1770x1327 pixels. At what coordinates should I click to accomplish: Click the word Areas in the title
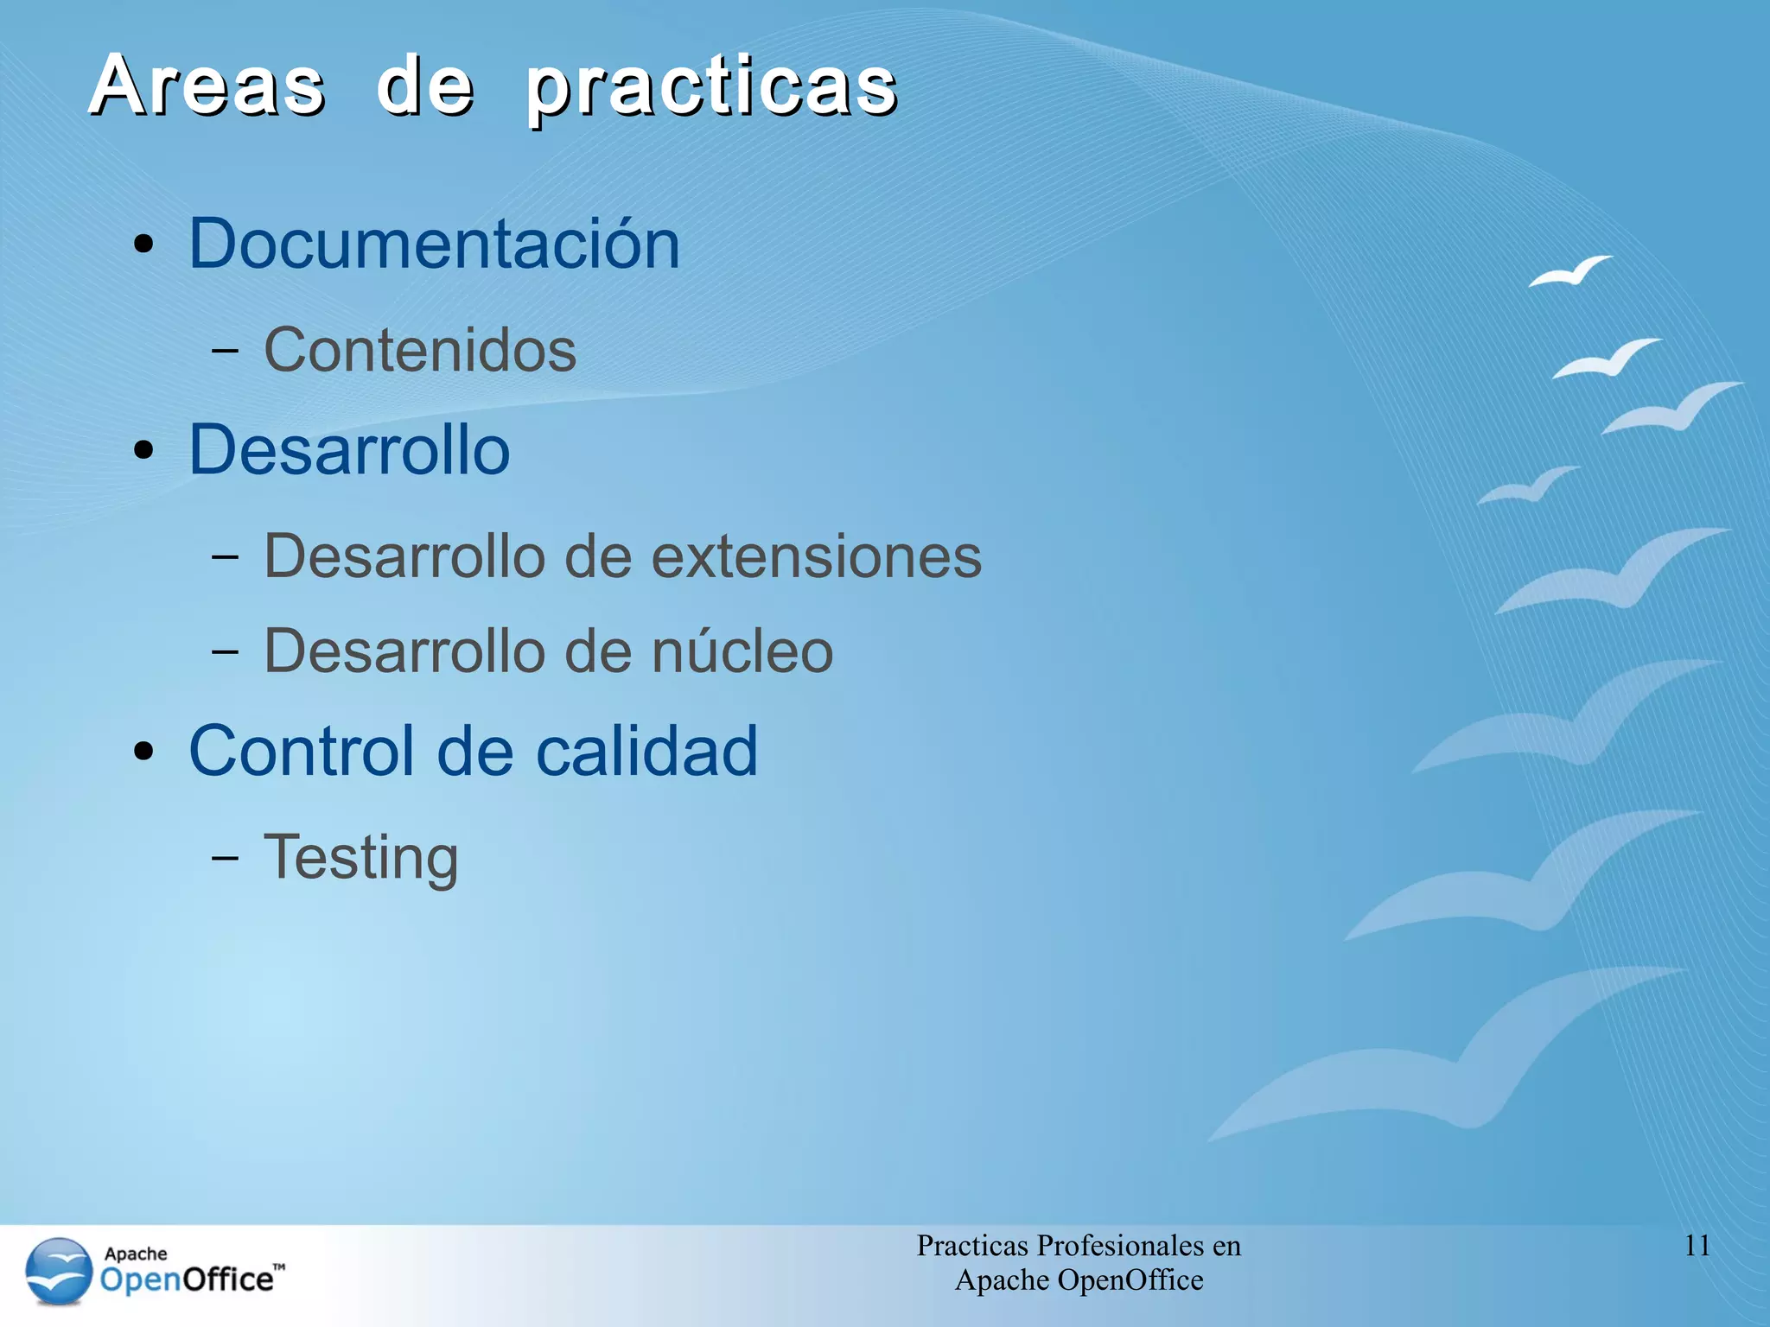pos(207,86)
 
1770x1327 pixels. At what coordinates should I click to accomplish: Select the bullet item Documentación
pos(434,244)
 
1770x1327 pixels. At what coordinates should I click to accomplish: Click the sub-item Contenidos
pos(420,350)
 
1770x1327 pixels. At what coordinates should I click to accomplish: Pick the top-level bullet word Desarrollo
pos(349,450)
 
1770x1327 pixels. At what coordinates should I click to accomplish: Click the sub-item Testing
pos(360,857)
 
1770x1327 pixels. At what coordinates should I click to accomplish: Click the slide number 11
pos(1697,1246)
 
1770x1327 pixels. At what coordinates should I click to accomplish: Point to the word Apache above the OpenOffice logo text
pos(136,1254)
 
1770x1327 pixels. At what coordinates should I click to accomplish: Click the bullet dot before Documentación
pos(144,244)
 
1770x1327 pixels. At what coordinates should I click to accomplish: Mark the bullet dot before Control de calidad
pos(144,752)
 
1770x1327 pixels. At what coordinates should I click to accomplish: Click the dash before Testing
pos(225,858)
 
